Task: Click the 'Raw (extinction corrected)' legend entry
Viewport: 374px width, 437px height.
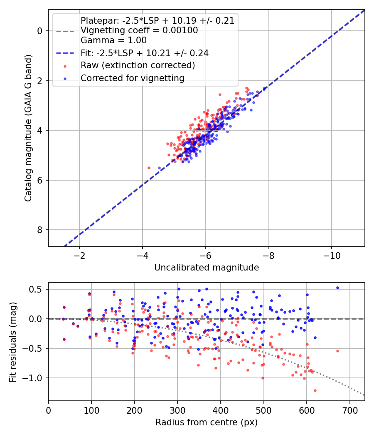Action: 138,65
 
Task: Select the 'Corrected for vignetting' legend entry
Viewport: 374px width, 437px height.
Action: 133,78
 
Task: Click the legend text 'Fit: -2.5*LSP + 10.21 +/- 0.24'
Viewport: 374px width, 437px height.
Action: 144,53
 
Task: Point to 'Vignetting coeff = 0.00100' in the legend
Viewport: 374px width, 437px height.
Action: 139,30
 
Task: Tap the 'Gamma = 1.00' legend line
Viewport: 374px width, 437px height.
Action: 113,40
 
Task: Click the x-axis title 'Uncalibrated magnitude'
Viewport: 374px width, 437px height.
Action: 207,268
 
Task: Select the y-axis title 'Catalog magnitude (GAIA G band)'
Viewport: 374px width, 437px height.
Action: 28,127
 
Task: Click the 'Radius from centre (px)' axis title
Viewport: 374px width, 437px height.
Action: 207,422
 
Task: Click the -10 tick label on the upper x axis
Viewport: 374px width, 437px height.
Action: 331,255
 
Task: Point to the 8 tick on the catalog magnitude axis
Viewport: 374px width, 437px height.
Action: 40,230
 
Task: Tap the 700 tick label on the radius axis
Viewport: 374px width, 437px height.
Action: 349,410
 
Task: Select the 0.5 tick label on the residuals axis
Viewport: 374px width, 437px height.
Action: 37,289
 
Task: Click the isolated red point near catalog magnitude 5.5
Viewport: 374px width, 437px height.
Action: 149,168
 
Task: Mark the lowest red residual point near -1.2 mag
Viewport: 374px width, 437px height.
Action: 315,390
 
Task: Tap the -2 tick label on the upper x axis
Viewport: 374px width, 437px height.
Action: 79,255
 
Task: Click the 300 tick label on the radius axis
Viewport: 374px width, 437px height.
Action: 177,410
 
